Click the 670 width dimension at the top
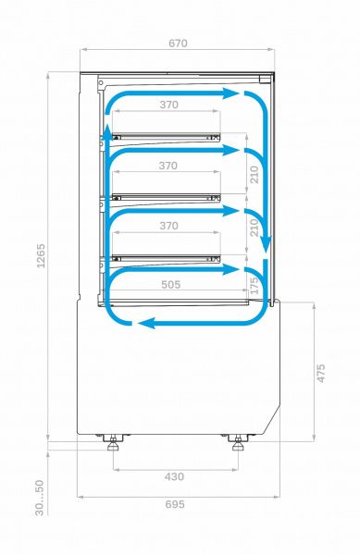coord(178,43)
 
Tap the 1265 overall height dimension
coord(41,255)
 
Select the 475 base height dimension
coord(320,373)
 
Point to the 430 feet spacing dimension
coord(174,476)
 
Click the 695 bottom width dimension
coord(175,504)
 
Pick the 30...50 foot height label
coord(39,498)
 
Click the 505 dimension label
coord(171,285)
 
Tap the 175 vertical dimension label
coord(254,286)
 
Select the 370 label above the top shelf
coord(168,105)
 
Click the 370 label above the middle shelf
coord(168,166)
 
